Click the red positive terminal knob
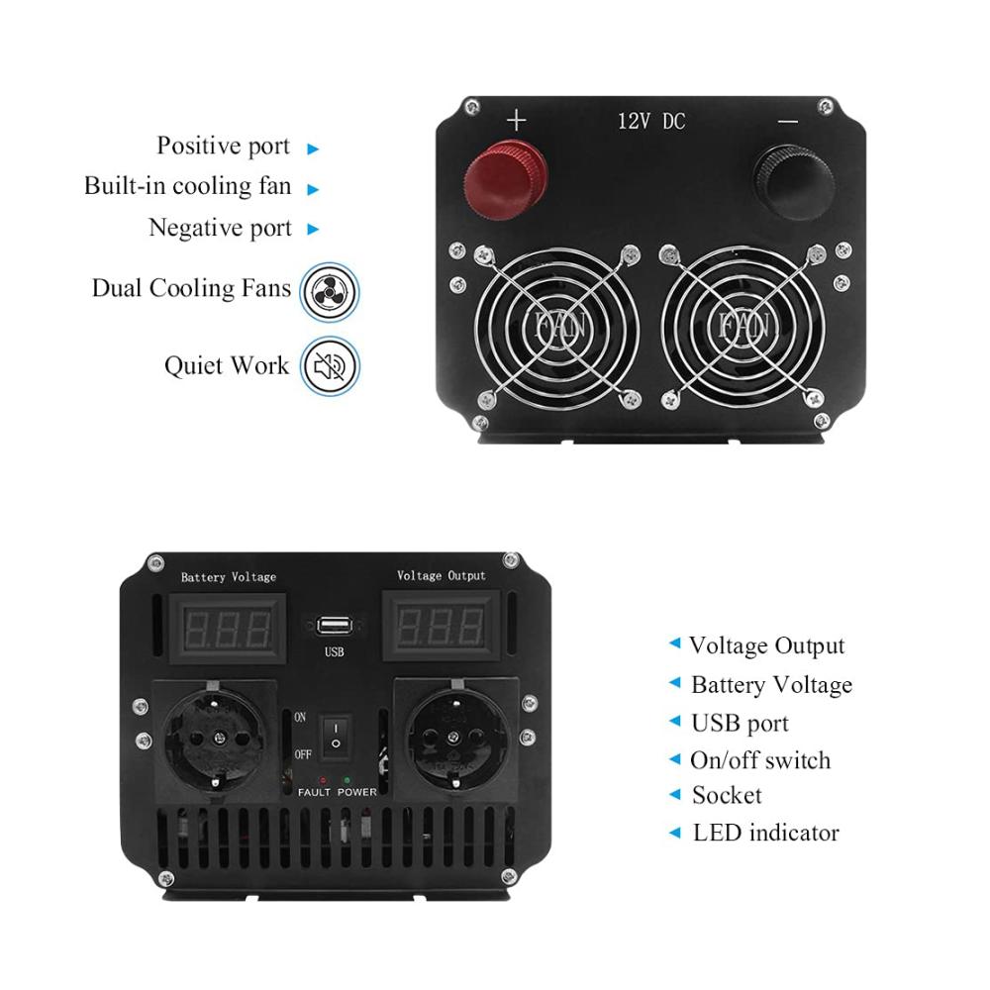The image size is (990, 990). click(505, 180)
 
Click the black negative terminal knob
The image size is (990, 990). click(794, 182)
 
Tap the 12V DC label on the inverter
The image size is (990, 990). click(651, 121)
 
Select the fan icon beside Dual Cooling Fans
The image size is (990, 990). click(330, 292)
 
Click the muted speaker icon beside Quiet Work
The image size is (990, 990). click(330, 366)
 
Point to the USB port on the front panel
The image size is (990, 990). click(334, 626)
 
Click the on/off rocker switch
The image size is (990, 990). click(336, 736)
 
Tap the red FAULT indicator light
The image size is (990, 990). click(323, 781)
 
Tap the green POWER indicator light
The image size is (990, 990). click(346, 780)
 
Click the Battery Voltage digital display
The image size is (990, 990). click(228, 629)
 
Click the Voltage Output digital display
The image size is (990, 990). click(441, 627)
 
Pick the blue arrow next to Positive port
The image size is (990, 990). click(313, 149)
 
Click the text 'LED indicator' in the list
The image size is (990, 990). click(766, 833)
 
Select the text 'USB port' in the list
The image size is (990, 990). click(740, 724)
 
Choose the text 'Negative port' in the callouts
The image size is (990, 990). click(221, 228)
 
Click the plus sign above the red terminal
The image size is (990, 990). click(517, 120)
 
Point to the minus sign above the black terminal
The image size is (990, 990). click(788, 121)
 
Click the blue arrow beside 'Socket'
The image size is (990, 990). click(675, 794)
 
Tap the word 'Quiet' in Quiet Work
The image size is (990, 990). click(194, 366)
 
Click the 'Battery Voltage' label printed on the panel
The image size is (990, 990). click(229, 577)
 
